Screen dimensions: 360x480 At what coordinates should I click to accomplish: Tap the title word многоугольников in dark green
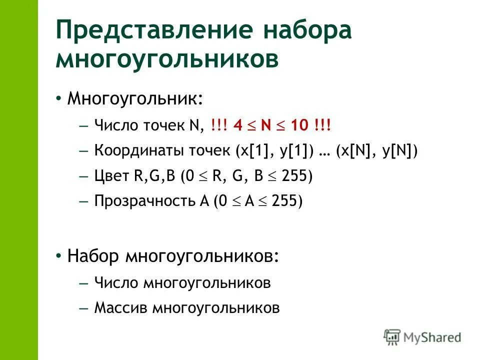(167, 59)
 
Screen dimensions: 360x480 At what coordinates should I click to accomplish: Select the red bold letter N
(265, 125)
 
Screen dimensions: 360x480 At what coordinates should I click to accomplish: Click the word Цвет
(111, 176)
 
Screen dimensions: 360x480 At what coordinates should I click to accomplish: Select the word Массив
(121, 307)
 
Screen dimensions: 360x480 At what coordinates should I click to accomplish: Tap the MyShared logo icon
(392, 337)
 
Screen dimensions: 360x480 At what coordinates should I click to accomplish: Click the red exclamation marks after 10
(323, 125)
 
